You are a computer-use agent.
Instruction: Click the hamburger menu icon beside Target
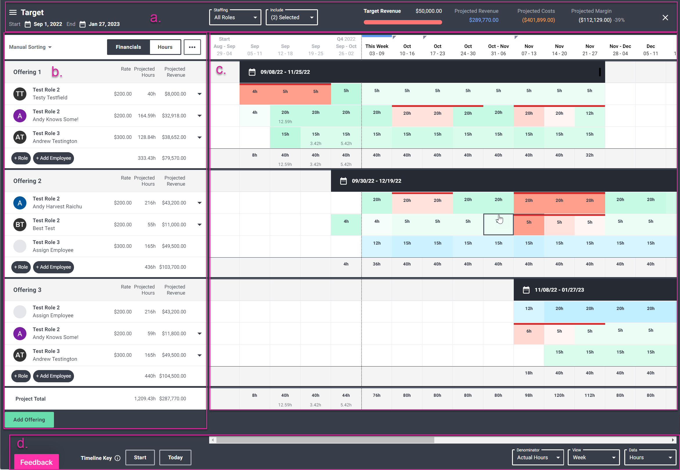tap(13, 12)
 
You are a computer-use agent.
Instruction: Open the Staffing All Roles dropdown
tap(235, 17)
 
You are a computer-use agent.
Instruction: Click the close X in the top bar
tap(665, 18)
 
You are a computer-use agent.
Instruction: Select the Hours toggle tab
tap(165, 47)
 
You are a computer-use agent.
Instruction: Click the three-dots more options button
tap(192, 47)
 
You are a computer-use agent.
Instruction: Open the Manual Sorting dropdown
tap(30, 47)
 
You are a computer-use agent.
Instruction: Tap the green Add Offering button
tap(29, 419)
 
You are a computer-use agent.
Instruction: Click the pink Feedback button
tap(36, 462)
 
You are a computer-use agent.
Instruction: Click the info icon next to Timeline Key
tap(117, 458)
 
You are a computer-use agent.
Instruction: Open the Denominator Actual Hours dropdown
tap(537, 457)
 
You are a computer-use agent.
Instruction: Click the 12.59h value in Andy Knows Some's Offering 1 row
tap(285, 122)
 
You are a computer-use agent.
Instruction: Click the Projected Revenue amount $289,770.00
tap(484, 20)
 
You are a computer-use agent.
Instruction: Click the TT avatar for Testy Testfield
tap(20, 94)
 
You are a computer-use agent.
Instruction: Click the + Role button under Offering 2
tap(21, 267)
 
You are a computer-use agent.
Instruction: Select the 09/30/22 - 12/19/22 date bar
tap(376, 181)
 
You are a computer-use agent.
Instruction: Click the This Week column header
tap(377, 49)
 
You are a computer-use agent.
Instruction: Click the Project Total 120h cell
tap(559, 395)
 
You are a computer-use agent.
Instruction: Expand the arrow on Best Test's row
tap(199, 225)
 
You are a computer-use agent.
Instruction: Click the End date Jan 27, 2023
tap(104, 24)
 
